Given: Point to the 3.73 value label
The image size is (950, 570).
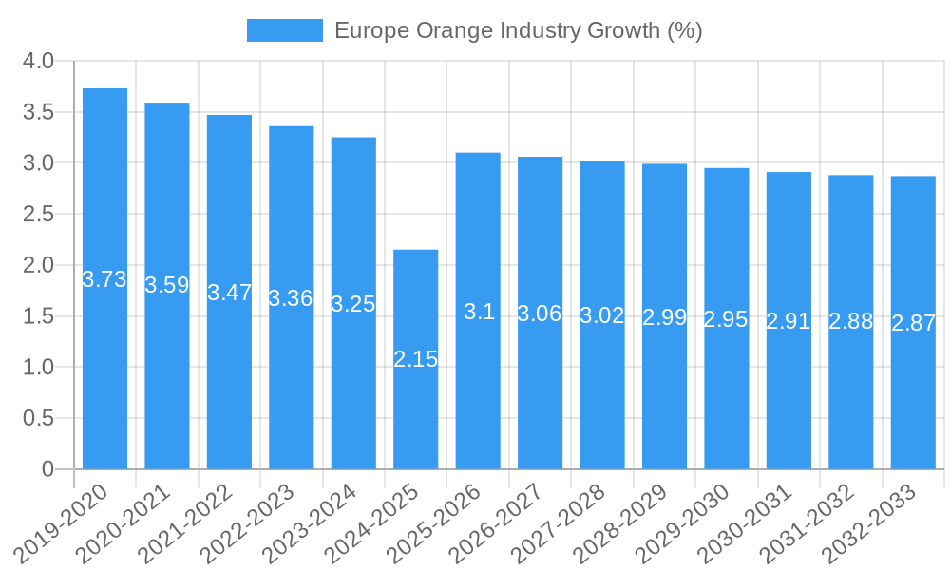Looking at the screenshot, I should tap(104, 279).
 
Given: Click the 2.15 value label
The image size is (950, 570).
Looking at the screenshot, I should tap(415, 359).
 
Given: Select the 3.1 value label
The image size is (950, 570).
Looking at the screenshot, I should tap(479, 312).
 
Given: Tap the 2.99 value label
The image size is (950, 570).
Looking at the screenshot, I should tap(664, 317).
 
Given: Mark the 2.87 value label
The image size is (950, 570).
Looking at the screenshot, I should tap(913, 323).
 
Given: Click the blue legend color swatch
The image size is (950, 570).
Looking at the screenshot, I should tap(284, 30).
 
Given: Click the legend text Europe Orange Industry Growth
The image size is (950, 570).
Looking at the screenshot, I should tap(518, 30).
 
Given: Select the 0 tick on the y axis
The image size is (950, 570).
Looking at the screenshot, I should tap(48, 469).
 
